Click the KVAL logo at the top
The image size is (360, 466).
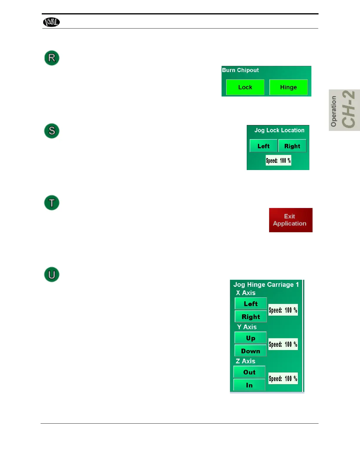(51, 22)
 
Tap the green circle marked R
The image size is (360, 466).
(52, 58)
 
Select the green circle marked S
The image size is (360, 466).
(52, 131)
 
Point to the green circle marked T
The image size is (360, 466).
(52, 203)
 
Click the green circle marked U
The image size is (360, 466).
(52, 274)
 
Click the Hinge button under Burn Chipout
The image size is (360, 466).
(288, 87)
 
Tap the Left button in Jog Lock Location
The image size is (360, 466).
(263, 146)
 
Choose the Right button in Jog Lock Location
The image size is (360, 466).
(292, 146)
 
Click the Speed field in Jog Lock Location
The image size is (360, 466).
(278, 160)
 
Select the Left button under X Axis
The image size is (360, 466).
(251, 304)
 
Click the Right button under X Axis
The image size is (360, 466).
(251, 317)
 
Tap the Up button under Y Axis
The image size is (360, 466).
(251, 338)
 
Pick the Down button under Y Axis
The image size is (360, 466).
(251, 351)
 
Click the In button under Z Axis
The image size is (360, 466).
(249, 385)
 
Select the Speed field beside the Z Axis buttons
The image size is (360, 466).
(283, 378)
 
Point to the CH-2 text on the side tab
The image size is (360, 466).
(349, 109)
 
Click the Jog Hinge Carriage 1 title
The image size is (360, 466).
(266, 284)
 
